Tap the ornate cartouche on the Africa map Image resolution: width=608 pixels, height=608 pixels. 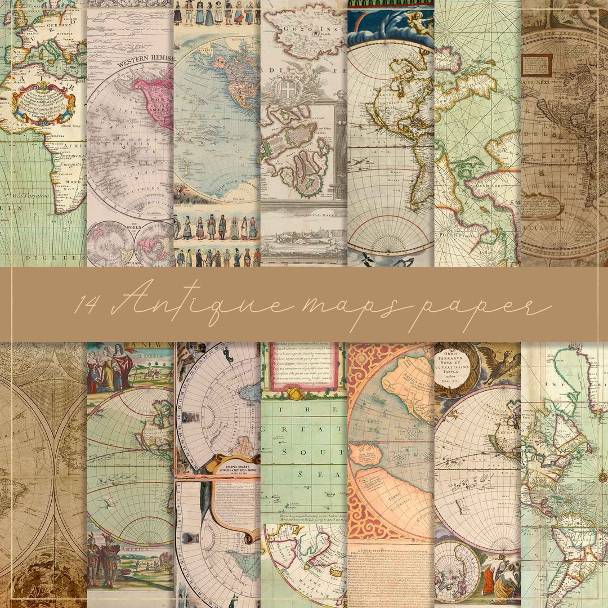click(x=43, y=104)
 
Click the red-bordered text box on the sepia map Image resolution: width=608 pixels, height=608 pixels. click(x=536, y=65)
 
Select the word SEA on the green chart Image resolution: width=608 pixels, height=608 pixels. click(x=305, y=474)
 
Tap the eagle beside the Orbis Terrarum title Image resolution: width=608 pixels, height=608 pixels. click(x=500, y=366)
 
